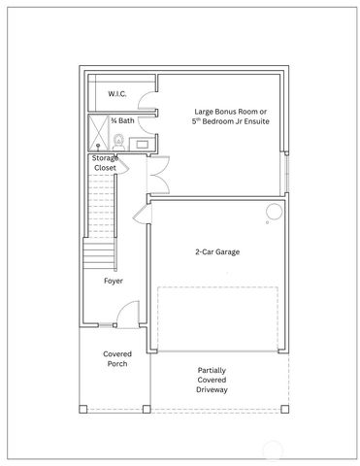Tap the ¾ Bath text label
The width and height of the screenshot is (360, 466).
(x=121, y=120)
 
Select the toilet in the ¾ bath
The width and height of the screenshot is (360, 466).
(x=119, y=141)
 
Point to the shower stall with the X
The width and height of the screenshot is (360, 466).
(x=98, y=131)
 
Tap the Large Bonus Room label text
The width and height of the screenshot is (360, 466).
(x=224, y=116)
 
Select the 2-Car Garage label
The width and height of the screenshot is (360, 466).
(x=216, y=251)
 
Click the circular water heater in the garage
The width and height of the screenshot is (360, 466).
(x=275, y=213)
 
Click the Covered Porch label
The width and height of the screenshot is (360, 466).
(x=116, y=359)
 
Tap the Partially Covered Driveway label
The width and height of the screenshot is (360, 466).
(x=213, y=380)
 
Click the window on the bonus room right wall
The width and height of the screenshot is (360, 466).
(x=285, y=174)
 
